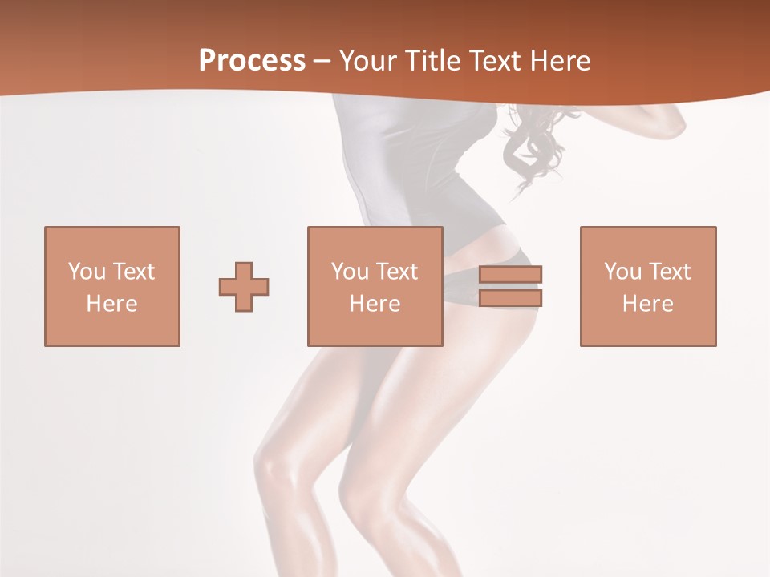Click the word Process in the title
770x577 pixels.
252,61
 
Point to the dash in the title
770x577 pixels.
322,62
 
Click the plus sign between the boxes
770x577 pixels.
244,286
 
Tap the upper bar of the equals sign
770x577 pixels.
510,274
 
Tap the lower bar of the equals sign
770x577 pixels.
510,298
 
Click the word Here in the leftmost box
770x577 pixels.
112,304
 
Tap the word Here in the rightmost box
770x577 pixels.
648,304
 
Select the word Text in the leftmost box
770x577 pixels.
132,272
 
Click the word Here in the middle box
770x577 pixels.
375,304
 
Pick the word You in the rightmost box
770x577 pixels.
622,272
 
